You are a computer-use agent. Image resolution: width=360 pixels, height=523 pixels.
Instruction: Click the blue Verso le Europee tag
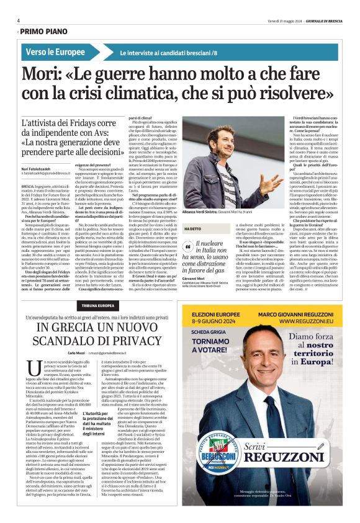(55, 52)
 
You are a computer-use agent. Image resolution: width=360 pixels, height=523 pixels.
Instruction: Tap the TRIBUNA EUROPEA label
(98, 306)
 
